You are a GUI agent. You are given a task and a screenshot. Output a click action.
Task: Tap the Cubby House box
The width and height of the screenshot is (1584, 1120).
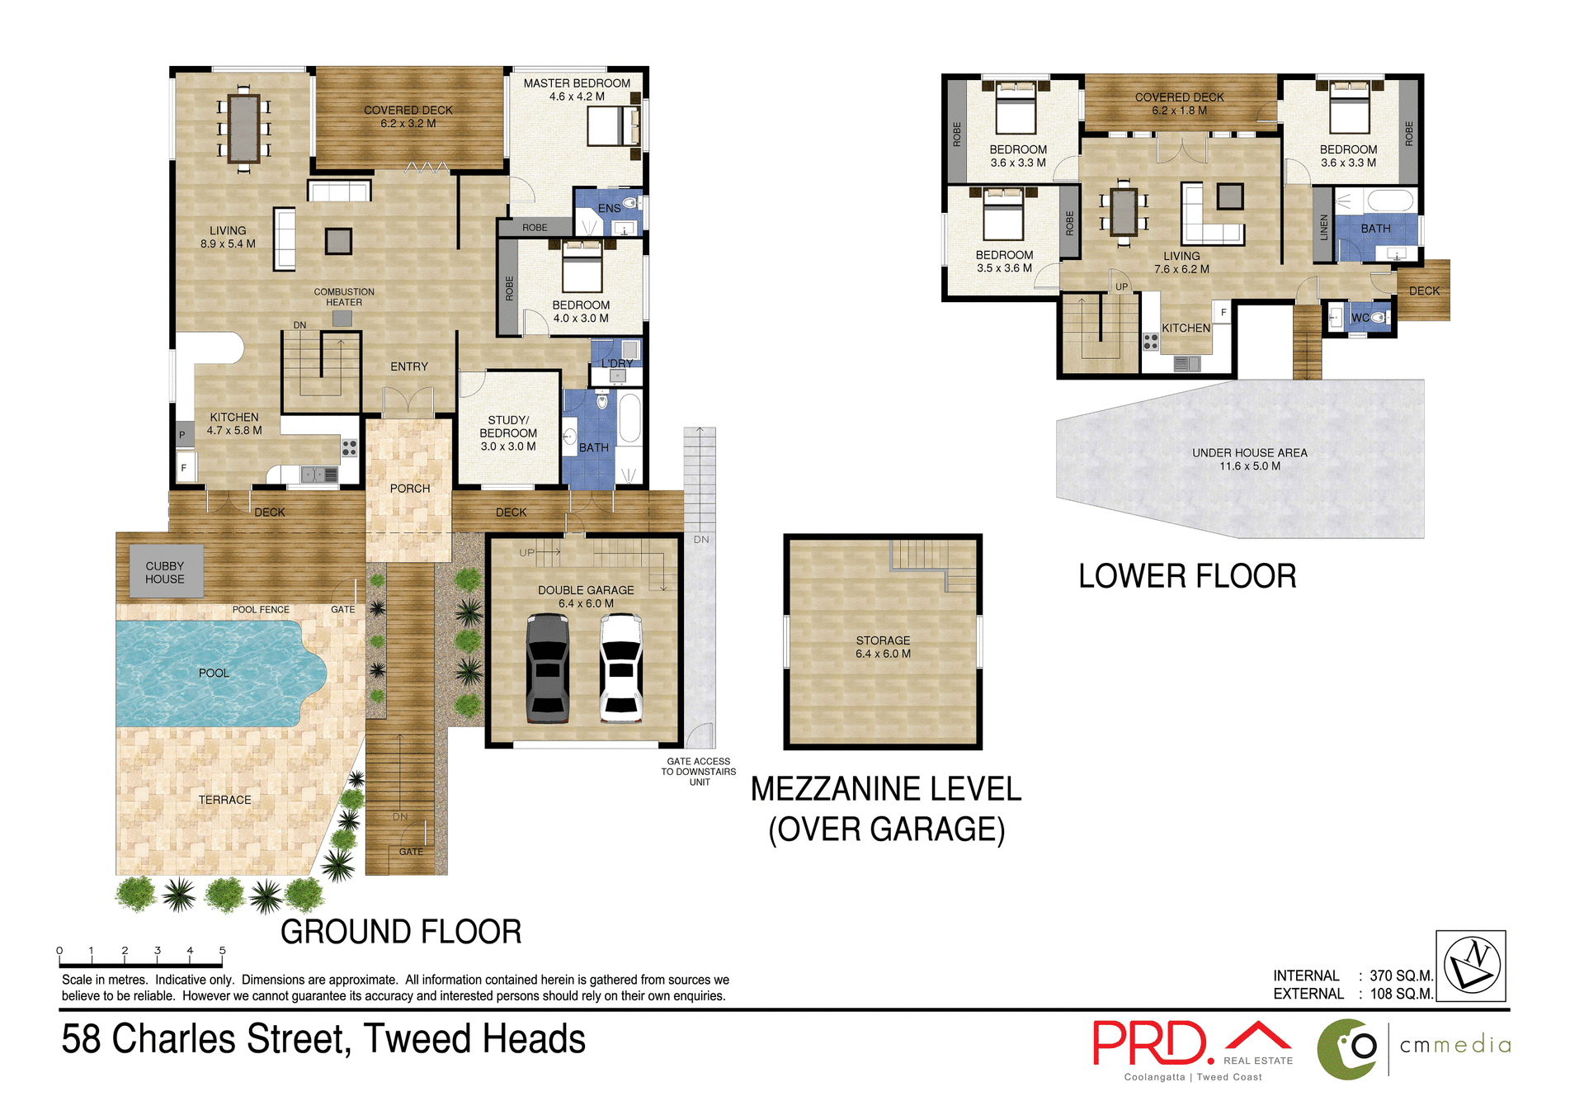[x=166, y=571]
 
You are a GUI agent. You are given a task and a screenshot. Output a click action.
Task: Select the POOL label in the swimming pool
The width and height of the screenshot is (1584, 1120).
[x=214, y=673]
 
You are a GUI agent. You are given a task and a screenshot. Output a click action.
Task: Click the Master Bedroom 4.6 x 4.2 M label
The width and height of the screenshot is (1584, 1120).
[x=577, y=89]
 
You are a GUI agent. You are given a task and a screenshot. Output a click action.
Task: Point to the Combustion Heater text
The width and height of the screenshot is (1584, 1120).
[x=344, y=297]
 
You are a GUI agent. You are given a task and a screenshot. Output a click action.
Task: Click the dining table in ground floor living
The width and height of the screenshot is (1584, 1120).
[x=244, y=129]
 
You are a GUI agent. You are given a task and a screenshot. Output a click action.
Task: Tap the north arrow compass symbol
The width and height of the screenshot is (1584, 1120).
[x=1471, y=966]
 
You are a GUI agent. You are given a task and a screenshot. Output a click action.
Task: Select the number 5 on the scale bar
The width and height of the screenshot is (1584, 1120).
[x=222, y=950]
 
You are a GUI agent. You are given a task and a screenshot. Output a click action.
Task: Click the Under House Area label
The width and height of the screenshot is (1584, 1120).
[x=1249, y=459]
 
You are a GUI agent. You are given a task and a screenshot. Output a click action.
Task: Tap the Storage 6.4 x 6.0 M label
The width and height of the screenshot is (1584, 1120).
[x=883, y=646]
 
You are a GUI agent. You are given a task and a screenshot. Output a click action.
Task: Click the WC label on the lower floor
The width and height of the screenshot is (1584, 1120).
[x=1360, y=318]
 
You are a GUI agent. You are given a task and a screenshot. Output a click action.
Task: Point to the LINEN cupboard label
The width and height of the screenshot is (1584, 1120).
[x=1323, y=227]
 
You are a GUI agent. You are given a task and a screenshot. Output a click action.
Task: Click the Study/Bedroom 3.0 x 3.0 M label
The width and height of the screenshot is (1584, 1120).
[x=508, y=432]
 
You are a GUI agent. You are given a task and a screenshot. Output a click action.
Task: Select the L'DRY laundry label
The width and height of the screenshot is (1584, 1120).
[x=616, y=363]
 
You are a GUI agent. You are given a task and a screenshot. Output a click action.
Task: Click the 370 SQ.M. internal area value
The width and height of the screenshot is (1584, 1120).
[x=1401, y=976]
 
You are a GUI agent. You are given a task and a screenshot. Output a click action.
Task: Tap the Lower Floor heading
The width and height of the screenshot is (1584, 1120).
[x=1187, y=575]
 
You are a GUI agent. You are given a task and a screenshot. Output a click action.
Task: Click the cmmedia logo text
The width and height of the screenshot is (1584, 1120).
[x=1455, y=1045]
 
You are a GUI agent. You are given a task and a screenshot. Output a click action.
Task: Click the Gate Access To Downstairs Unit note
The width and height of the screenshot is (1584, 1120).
[x=699, y=772]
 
